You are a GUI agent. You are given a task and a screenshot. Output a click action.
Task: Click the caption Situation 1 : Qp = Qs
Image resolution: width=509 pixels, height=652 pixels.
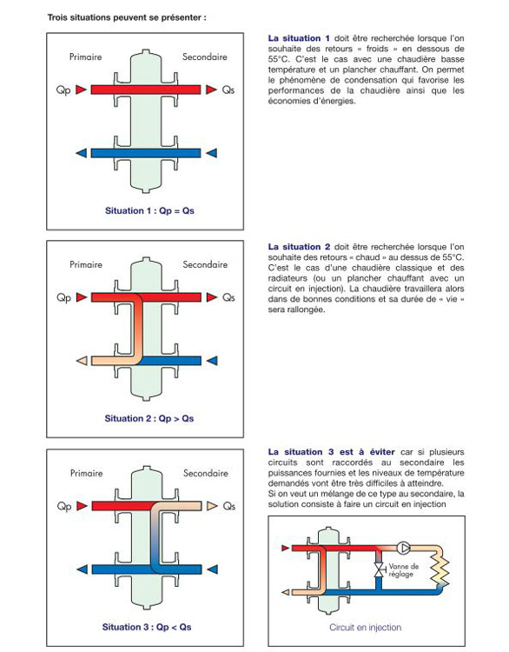click(x=149, y=211)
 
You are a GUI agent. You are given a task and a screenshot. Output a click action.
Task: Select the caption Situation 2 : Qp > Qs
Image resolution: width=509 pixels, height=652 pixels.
click(x=149, y=418)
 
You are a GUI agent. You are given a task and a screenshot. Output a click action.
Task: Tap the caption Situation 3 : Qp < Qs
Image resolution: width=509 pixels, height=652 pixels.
click(x=147, y=627)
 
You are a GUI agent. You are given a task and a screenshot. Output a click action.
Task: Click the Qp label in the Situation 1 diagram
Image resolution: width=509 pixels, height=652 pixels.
click(x=63, y=90)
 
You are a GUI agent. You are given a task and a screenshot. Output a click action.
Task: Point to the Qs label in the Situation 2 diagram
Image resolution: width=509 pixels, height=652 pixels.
click(x=228, y=297)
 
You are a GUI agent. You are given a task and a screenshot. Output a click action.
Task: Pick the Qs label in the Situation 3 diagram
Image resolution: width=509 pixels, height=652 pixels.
click(x=229, y=506)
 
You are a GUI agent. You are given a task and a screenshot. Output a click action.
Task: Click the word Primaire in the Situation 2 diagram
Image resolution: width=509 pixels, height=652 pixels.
click(x=86, y=264)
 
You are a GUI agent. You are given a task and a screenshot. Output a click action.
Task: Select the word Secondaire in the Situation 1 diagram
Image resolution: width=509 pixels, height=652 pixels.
click(x=205, y=57)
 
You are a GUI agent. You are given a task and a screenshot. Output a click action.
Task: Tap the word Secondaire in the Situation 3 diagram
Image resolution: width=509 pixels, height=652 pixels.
click(x=206, y=473)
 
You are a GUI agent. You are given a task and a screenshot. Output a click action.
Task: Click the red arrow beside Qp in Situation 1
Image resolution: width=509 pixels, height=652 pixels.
click(x=82, y=90)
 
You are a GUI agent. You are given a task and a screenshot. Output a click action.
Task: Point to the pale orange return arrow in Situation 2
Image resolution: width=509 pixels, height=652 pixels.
click(x=82, y=361)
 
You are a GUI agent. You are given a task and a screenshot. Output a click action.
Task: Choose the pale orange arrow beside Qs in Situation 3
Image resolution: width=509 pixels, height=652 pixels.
click(x=212, y=506)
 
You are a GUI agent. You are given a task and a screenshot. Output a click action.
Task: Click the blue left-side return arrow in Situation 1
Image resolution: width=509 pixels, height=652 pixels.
click(x=82, y=153)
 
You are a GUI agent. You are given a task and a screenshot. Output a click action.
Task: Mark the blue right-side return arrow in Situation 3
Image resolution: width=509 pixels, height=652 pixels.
click(x=212, y=569)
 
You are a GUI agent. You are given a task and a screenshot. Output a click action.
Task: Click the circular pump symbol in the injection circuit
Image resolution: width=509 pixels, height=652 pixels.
click(x=403, y=548)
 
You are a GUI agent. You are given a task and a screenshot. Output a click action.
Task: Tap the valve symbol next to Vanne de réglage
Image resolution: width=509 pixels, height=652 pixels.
click(x=379, y=569)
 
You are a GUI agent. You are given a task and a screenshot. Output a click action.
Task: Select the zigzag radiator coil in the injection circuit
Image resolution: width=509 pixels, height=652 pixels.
click(x=440, y=568)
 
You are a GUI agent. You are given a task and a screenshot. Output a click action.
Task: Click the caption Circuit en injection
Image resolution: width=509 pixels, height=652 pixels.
click(x=365, y=628)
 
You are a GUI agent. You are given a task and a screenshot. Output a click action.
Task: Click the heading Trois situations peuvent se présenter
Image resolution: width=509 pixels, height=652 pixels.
click(x=127, y=18)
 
